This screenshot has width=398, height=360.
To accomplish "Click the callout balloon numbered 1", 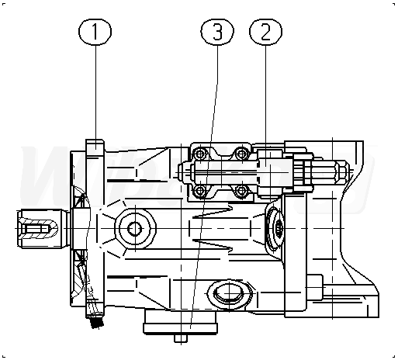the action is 95,32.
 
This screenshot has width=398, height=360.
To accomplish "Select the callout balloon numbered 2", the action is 265,32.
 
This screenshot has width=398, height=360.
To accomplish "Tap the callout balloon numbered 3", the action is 217,32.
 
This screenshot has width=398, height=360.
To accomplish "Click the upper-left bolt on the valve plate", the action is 200,154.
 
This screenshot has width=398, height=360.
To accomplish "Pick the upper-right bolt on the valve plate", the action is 241,154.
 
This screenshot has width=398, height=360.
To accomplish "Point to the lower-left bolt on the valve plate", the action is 200,191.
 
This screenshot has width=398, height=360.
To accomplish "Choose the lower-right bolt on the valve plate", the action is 241,191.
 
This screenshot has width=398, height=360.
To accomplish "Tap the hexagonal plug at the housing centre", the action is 135,229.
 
